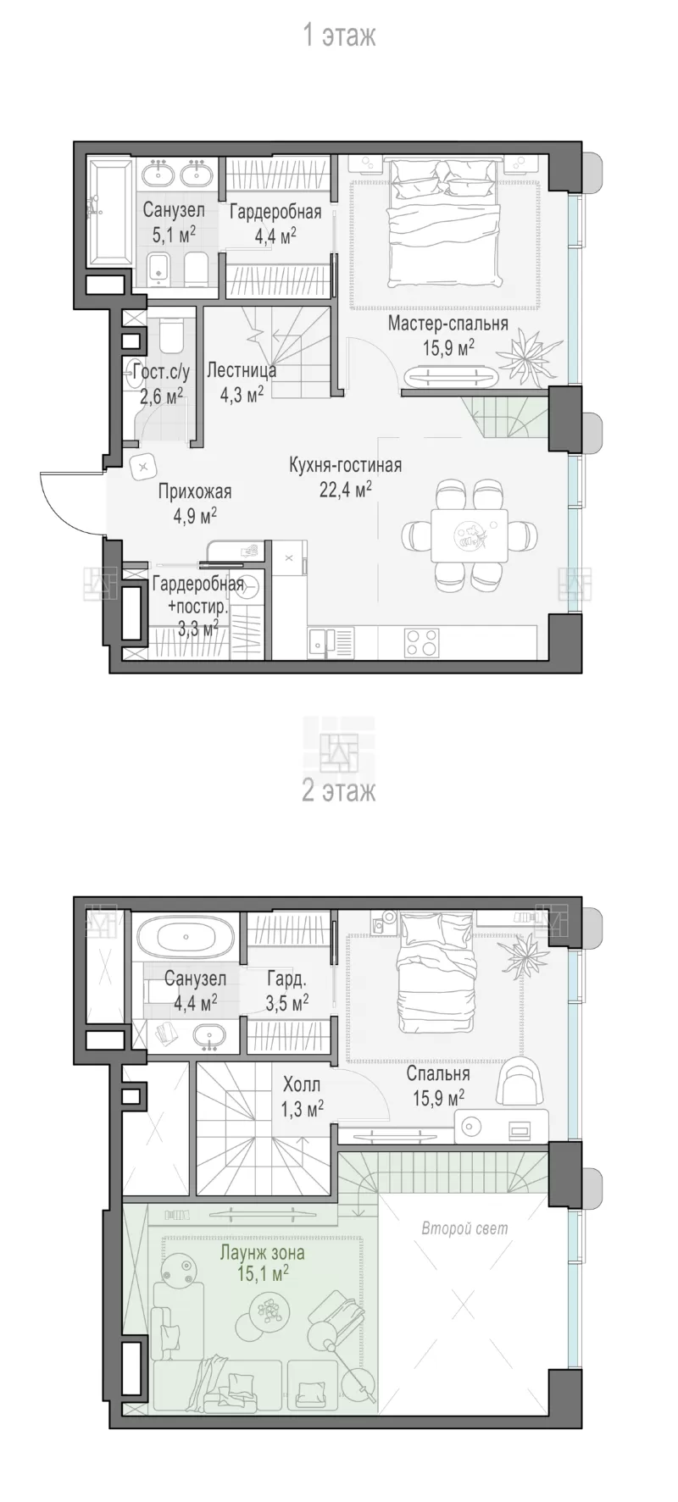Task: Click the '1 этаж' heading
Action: pyautogui.click(x=339, y=36)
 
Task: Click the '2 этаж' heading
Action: pyautogui.click(x=339, y=791)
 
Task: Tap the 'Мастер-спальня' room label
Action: pyautogui.click(x=448, y=323)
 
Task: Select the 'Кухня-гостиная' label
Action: pyautogui.click(x=345, y=465)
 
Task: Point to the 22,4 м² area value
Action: pyautogui.click(x=346, y=489)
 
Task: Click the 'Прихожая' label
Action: pyautogui.click(x=195, y=492)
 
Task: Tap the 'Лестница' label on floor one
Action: pyautogui.click(x=242, y=370)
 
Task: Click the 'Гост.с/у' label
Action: pyautogui.click(x=162, y=371)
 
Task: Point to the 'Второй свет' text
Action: pyautogui.click(x=464, y=1228)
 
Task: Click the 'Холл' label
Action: pyautogui.click(x=302, y=1084)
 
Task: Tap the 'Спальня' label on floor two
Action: pyautogui.click(x=438, y=1074)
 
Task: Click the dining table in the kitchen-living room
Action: pyautogui.click(x=469, y=535)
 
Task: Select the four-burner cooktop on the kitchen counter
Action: pyautogui.click(x=422, y=641)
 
